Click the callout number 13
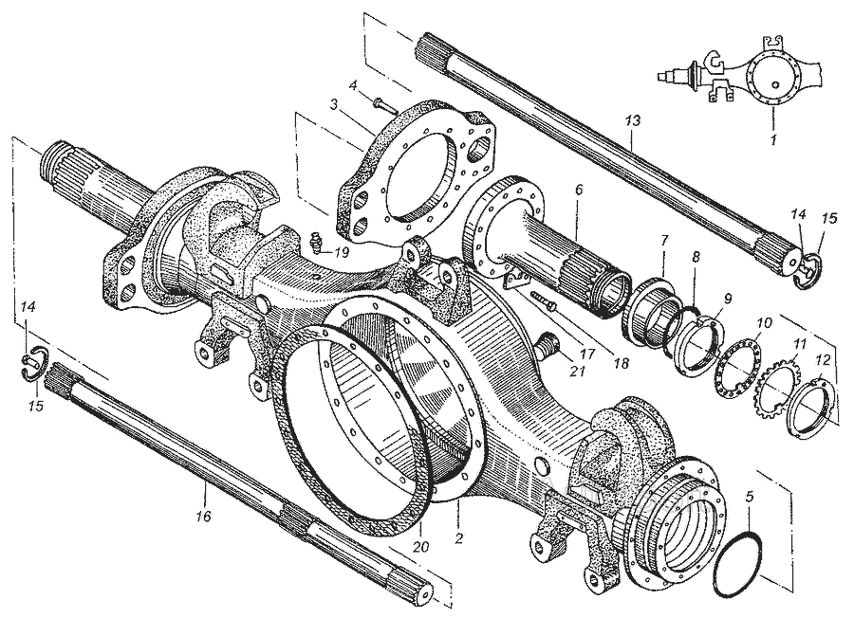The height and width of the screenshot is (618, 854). [x=633, y=120]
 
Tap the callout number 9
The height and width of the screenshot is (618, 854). [x=727, y=299]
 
